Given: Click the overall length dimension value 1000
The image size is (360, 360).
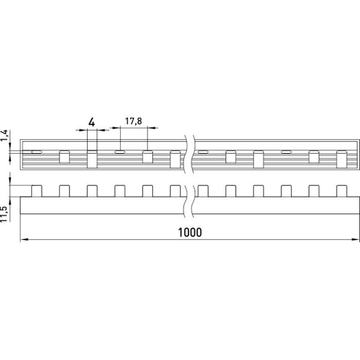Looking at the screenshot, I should pos(191,232).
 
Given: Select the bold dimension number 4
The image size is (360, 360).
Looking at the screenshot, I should pos(91,122).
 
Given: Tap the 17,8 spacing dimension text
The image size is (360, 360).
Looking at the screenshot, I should pos(133,122).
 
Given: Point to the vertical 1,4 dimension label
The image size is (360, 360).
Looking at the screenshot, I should pos(5,136).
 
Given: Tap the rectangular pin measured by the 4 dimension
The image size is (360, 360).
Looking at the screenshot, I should pos(92,159).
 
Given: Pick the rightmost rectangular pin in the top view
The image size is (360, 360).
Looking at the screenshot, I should pos(341,159).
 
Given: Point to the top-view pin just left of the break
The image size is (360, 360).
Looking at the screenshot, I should pos(175,159).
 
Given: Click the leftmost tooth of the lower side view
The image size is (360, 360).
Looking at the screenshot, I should pos(37,190).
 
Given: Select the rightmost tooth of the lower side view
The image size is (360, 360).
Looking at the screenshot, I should pos(341,190).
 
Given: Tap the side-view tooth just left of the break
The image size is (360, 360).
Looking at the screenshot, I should pos(175,190).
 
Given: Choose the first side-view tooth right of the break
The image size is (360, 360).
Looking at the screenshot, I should pos(203,190).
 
